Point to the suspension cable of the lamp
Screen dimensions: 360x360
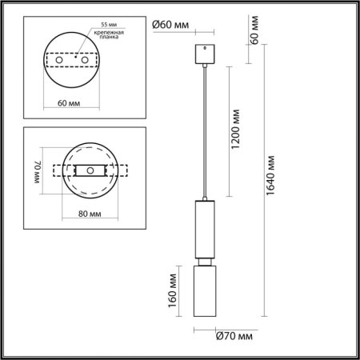point(206,128)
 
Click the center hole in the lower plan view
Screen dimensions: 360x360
point(91,171)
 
